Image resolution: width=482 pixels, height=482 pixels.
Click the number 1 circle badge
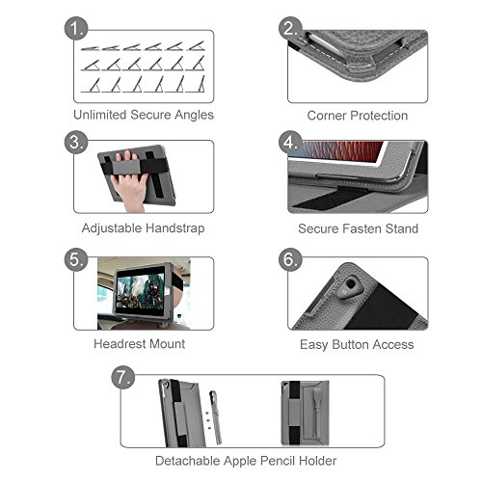pyautogui.click(x=76, y=28)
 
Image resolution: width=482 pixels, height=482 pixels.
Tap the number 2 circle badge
pyautogui.click(x=290, y=28)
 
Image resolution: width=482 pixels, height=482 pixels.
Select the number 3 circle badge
pyautogui.click(x=76, y=142)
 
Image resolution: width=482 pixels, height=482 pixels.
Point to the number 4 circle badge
pyautogui.click(x=290, y=142)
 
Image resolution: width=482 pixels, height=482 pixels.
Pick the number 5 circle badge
pyautogui.click(x=76, y=259)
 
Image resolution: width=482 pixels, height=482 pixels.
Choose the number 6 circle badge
pyautogui.click(x=290, y=259)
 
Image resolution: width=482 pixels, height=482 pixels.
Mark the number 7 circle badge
pyautogui.click(x=123, y=377)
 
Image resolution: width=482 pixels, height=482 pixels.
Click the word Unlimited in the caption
pyautogui.click(x=100, y=115)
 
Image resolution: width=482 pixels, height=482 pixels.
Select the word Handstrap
pyautogui.click(x=175, y=228)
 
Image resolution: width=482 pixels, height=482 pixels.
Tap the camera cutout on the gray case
pyautogui.click(x=350, y=285)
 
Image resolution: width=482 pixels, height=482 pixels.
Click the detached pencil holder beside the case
pyautogui.click(x=216, y=417)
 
